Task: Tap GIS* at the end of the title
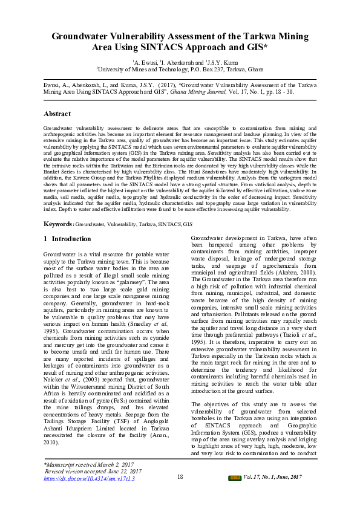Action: click(257, 47)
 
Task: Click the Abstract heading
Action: click(57, 114)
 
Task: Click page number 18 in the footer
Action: click(180, 477)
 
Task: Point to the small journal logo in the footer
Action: click(234, 478)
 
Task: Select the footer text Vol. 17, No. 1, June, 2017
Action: click(272, 478)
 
